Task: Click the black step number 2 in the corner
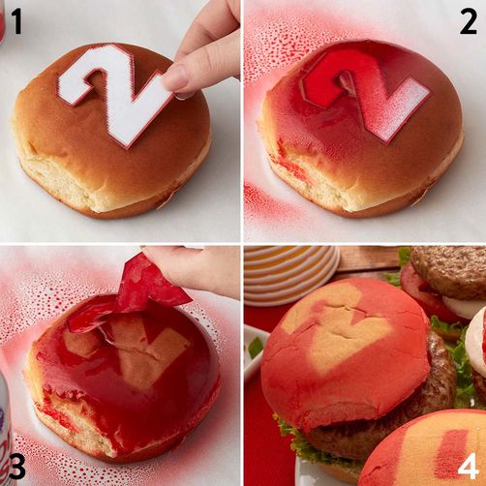[x=469, y=22]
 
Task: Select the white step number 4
[x=468, y=467]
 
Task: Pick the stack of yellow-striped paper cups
[x=292, y=274]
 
